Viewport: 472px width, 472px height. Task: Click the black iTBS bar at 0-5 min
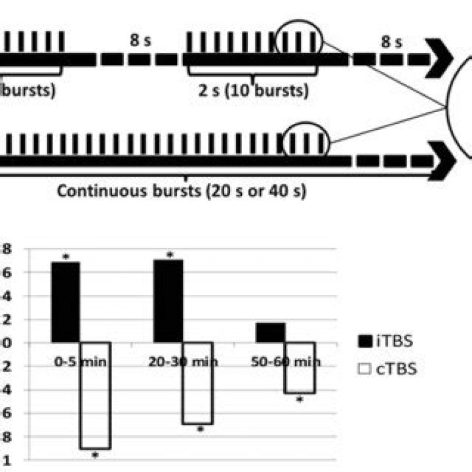(x=65, y=302)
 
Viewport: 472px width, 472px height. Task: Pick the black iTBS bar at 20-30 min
(x=168, y=301)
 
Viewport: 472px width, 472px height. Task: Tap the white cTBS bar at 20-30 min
(x=197, y=383)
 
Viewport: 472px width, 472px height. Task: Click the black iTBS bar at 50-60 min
(x=270, y=332)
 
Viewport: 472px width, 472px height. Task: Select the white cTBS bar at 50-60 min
(x=300, y=368)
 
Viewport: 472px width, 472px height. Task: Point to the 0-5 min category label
(x=79, y=361)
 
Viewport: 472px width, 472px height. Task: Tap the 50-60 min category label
(x=286, y=361)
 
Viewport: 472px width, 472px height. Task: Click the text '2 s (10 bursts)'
(x=253, y=90)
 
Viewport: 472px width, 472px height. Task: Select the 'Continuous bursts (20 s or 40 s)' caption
(x=181, y=192)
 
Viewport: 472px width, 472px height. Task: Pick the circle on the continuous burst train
(x=306, y=141)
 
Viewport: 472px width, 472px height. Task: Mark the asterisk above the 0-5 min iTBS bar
(x=66, y=258)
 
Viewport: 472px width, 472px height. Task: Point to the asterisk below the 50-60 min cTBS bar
(x=300, y=399)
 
